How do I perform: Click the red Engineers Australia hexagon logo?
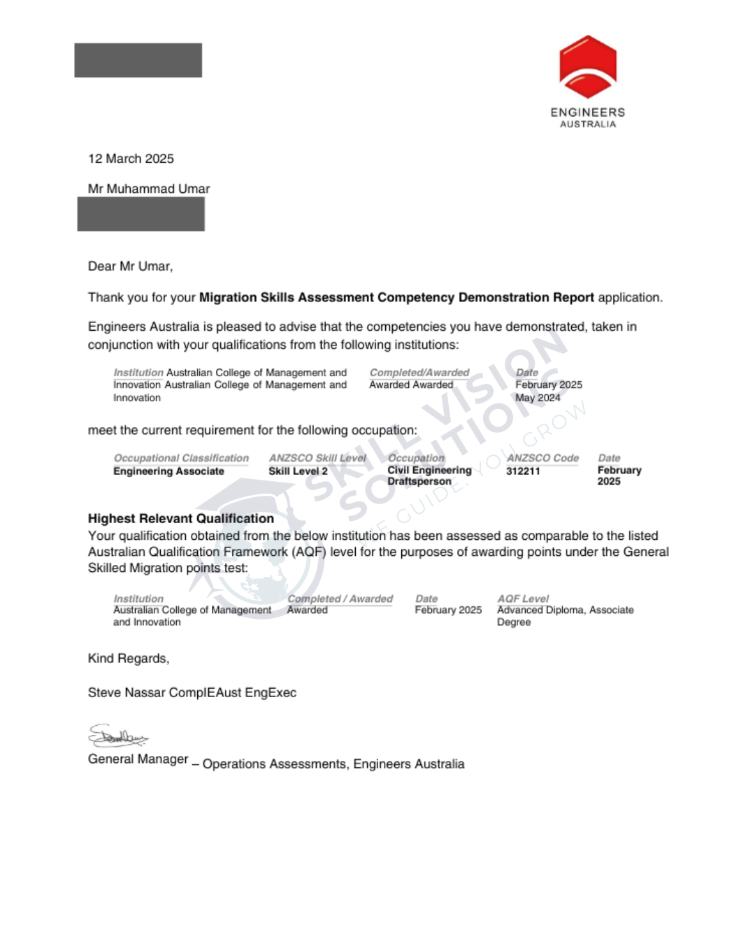tap(588, 66)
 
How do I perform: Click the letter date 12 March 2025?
tap(131, 159)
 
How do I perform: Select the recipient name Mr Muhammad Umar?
tap(149, 189)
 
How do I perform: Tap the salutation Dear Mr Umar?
tap(130, 266)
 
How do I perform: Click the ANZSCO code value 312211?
tap(523, 471)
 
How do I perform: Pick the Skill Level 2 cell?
tap(298, 471)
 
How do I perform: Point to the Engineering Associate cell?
tap(168, 471)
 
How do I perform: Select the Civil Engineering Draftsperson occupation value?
tap(429, 475)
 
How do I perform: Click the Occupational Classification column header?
tap(181, 458)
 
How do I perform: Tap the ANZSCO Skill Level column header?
tap(317, 458)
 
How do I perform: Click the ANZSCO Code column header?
tap(542, 458)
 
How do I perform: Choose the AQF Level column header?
tap(523, 599)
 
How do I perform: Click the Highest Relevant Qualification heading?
tap(180, 518)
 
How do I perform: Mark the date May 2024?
tap(538, 398)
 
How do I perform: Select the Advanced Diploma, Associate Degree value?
tap(565, 615)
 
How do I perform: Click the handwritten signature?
tap(117, 736)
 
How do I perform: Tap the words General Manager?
tap(138, 759)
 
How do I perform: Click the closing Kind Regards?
tap(128, 658)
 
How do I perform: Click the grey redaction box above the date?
tap(138, 60)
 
